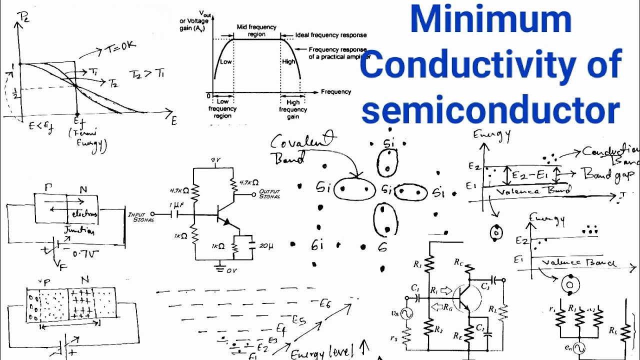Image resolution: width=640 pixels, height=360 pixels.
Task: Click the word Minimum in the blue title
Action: point(490,20)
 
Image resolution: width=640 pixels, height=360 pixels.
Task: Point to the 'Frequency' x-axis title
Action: point(336,92)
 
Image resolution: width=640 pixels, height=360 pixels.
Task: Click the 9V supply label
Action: point(215,160)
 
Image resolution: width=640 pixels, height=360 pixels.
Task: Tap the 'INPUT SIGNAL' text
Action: point(141,217)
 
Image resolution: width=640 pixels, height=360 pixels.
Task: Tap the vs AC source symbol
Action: point(406,313)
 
